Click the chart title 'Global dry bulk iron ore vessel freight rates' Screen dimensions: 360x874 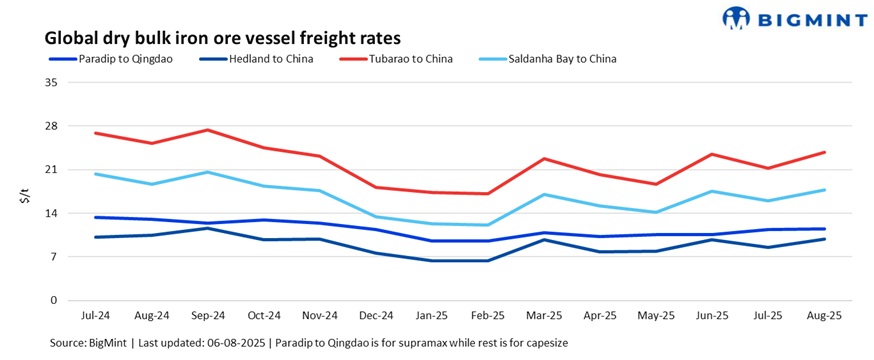tap(222, 38)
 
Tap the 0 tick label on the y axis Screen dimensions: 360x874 tap(52, 300)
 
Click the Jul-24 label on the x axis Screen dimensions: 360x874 tap(95, 315)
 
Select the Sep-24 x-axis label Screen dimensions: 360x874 tap(208, 315)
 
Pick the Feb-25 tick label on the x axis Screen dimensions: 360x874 tap(487, 315)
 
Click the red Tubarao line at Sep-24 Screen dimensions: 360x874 tap(207, 130)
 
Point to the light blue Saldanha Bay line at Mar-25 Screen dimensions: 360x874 tap(543, 194)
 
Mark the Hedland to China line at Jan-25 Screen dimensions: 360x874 tap(431, 261)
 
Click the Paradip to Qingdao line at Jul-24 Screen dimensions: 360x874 tap(95, 217)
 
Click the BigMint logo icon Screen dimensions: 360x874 tap(737, 17)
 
